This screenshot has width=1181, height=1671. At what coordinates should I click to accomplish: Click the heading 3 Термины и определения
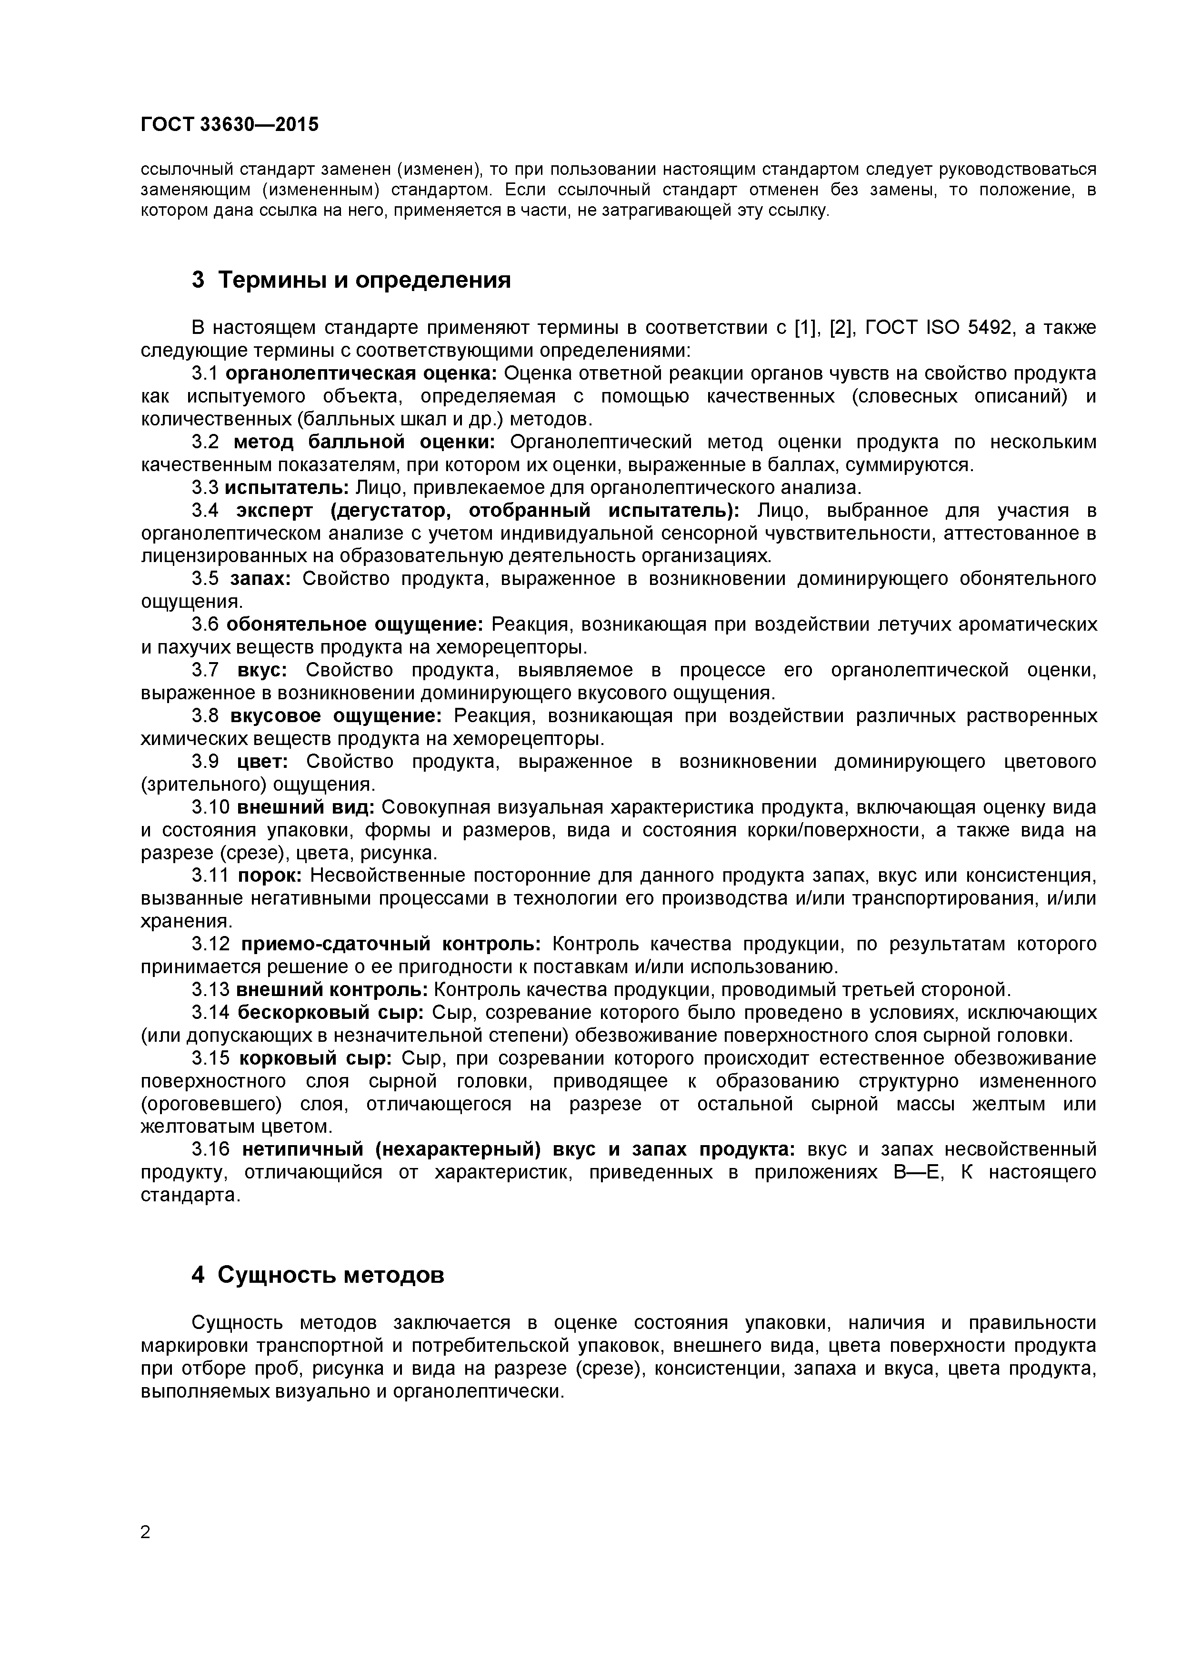pyautogui.click(x=351, y=280)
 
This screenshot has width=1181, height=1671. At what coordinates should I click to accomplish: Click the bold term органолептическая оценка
pyautogui.click(x=361, y=373)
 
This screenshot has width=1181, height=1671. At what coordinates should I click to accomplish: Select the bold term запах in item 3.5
pyautogui.click(x=260, y=579)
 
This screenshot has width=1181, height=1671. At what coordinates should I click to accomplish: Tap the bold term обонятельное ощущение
pyautogui.click(x=354, y=624)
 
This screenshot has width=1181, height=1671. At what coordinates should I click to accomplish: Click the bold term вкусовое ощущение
pyautogui.click(x=335, y=716)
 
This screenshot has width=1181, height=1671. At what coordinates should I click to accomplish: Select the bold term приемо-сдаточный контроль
pyautogui.click(x=391, y=944)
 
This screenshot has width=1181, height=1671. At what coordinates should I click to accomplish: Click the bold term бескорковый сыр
pyautogui.click(x=330, y=1012)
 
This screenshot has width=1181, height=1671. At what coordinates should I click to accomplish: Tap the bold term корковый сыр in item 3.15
pyautogui.click(x=316, y=1058)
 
